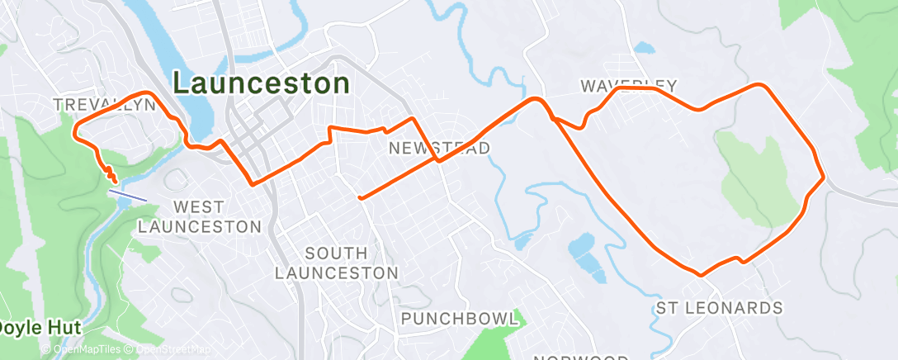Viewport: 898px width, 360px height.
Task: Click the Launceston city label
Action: [261, 83]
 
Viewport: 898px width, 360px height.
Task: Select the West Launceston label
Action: [200, 216]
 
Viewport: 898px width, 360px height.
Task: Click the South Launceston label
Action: [337, 262]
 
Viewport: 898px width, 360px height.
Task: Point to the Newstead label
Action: [440, 148]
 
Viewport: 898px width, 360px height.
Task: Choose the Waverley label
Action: [628, 86]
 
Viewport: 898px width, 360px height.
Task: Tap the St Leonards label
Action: [719, 308]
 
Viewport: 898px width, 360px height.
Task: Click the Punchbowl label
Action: [460, 319]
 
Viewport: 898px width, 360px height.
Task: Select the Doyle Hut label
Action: [40, 328]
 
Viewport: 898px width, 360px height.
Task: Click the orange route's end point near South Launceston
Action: [359, 197]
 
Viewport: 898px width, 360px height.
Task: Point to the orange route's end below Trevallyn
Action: [112, 175]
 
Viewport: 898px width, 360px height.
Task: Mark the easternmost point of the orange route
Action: [824, 177]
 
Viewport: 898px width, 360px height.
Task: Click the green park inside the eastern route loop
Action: [759, 178]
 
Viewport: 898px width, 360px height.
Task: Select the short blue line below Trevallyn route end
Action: [128, 194]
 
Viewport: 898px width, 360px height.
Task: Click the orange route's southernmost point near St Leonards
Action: [701, 274]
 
